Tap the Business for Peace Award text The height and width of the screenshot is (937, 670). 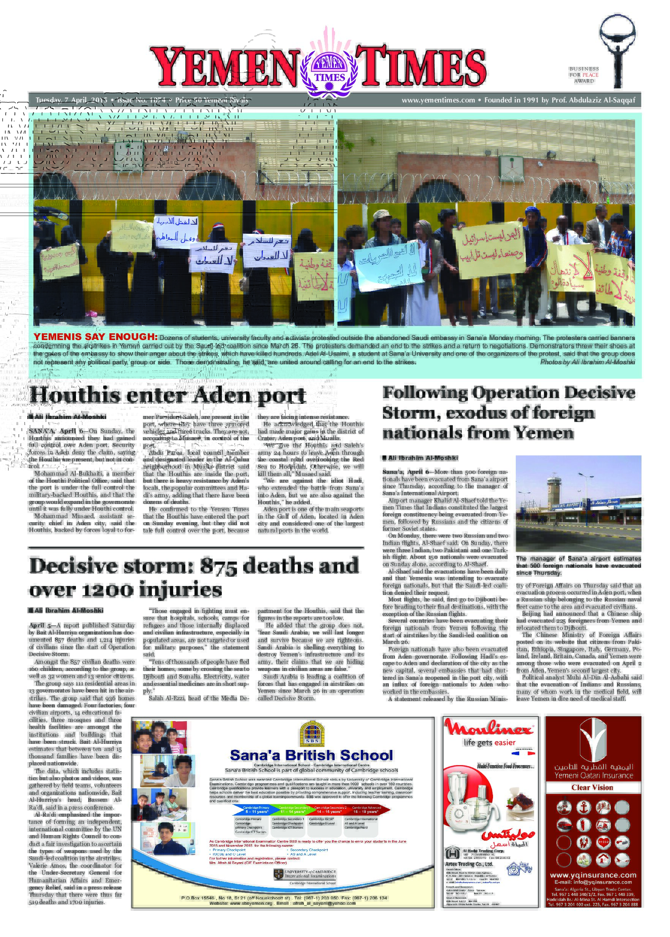tap(584, 75)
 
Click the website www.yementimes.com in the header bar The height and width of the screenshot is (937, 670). tap(438, 100)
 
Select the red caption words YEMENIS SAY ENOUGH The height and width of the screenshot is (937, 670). tap(95, 336)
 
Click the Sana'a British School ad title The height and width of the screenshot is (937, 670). tap(311, 755)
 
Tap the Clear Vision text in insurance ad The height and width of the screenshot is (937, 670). tap(592, 787)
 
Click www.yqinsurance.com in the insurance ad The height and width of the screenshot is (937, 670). tap(593, 875)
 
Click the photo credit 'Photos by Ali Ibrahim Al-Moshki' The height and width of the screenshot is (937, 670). tap(587, 362)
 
